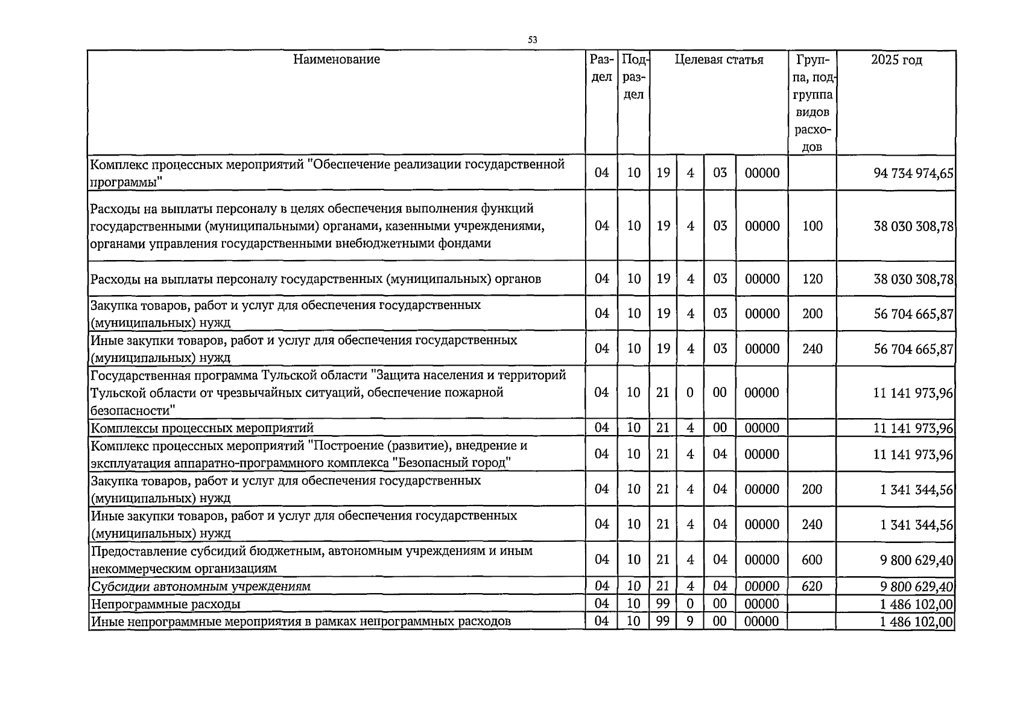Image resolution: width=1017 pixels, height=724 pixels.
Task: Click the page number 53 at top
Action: point(532,40)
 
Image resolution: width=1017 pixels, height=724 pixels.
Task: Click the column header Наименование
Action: point(337,59)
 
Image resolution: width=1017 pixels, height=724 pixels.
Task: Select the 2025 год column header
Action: point(896,60)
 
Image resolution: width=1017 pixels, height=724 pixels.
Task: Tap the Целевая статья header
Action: point(718,60)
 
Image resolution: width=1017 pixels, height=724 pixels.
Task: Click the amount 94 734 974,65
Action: point(913,173)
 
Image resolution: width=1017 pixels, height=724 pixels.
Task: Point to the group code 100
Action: point(812,226)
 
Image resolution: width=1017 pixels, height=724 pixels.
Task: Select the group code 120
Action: point(812,279)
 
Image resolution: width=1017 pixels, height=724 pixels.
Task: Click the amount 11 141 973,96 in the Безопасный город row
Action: point(913,454)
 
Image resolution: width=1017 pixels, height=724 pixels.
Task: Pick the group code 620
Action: point(812,586)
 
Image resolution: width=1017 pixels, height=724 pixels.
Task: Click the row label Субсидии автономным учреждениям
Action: point(200,586)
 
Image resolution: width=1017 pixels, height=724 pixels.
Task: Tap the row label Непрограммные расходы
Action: point(165,604)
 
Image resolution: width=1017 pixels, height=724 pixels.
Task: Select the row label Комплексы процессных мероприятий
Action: point(202,428)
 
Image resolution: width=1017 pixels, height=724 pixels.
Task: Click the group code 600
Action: point(812,560)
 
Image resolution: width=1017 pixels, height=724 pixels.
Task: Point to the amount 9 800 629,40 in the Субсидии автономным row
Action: point(916,586)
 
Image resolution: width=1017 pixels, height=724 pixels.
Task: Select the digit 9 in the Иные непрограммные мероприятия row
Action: point(690,621)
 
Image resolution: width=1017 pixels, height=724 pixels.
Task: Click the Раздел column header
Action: point(601,68)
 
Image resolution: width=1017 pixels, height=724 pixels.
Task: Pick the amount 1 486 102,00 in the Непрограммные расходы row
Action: point(916,605)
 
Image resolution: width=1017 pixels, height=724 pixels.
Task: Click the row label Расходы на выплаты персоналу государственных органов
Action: point(315,279)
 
